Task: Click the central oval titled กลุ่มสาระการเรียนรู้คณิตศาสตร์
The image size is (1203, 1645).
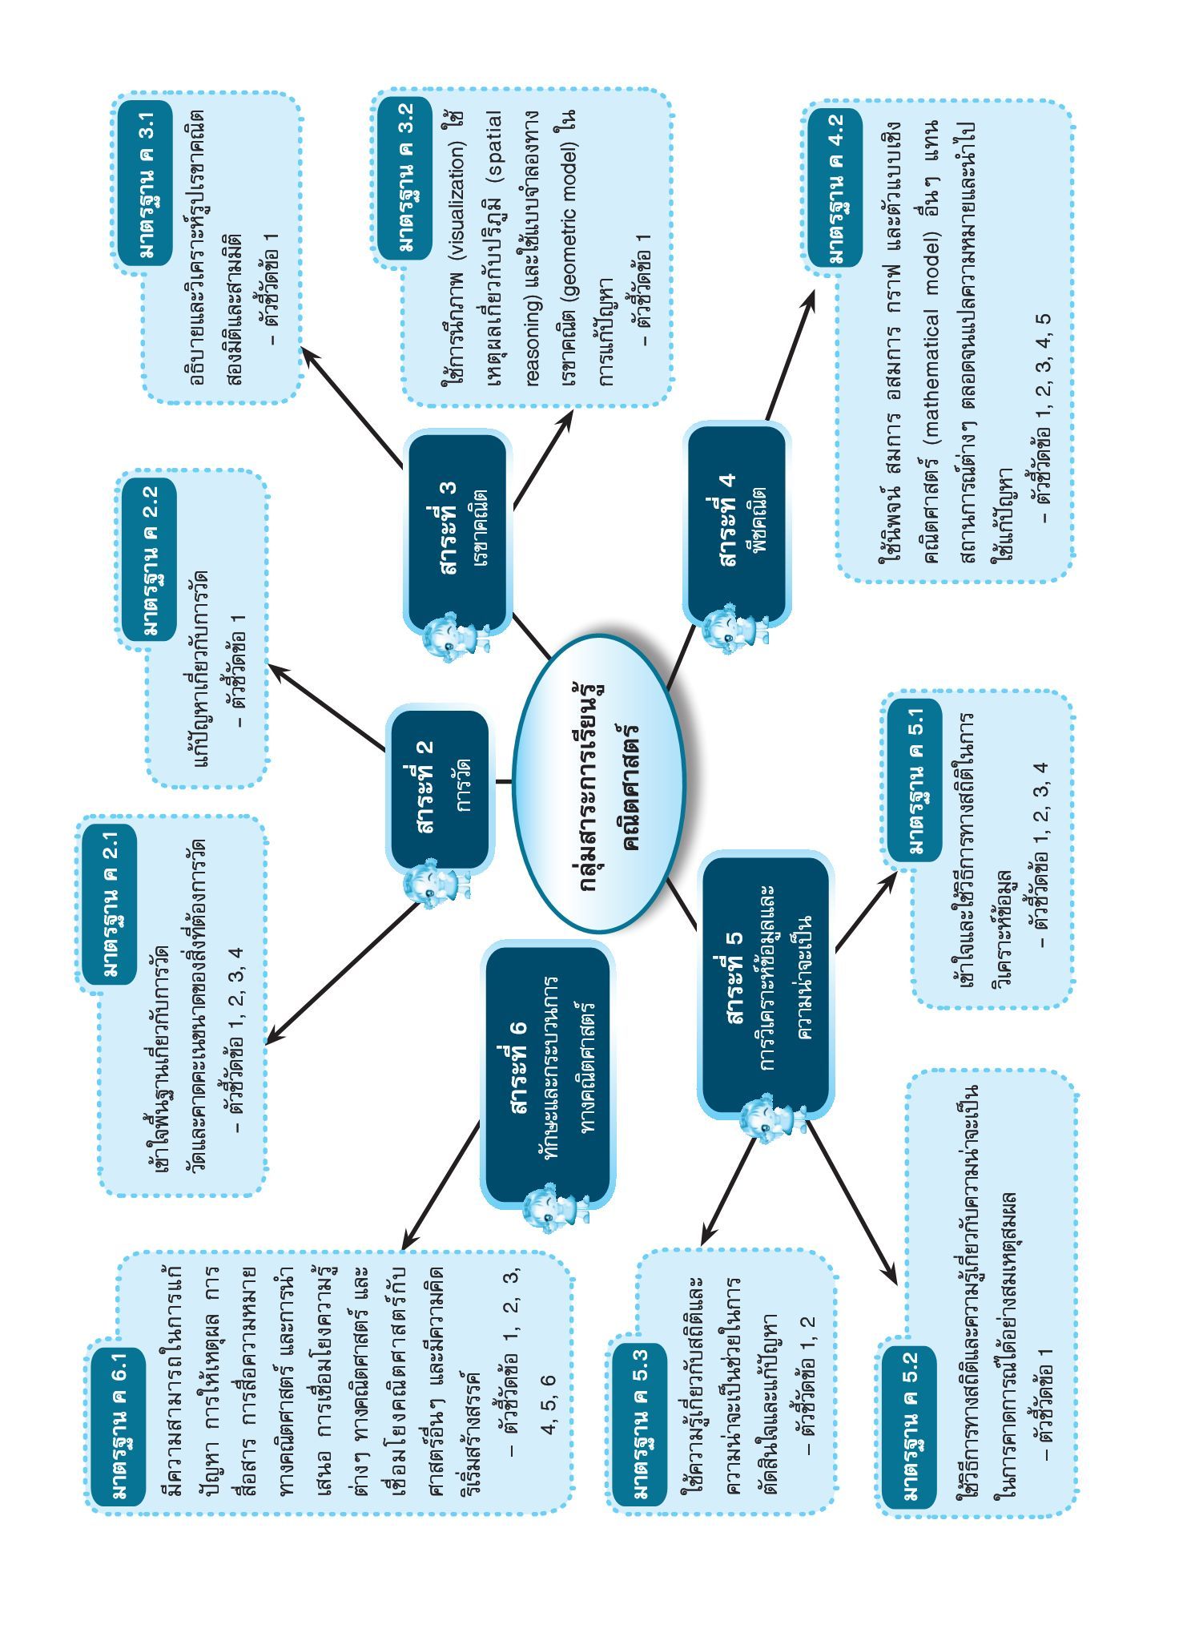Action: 599,783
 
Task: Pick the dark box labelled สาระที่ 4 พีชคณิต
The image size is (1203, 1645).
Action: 736,524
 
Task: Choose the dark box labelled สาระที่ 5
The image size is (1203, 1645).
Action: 764,985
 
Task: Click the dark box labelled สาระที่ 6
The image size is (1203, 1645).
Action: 548,1074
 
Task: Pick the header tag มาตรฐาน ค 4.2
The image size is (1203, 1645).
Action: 834,187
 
